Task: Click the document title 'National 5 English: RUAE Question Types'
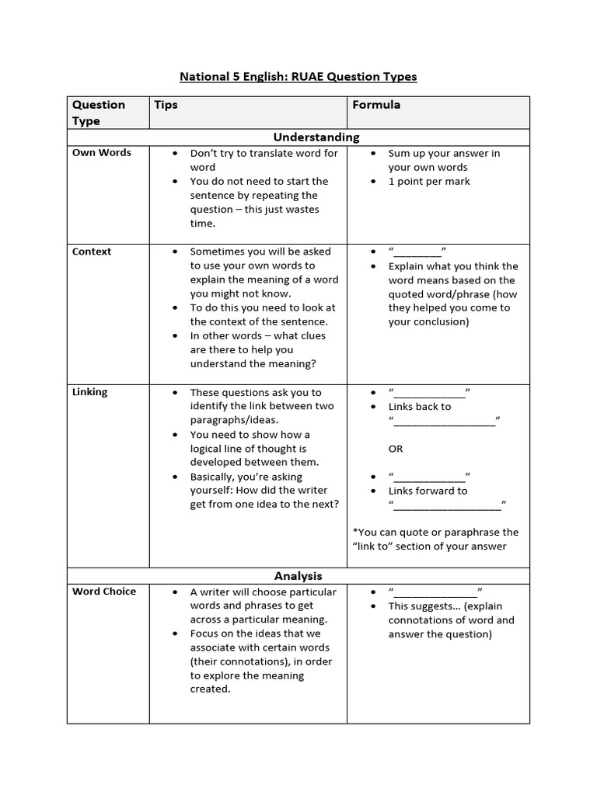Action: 298,77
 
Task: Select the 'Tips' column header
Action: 166,105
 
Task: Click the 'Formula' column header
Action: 376,105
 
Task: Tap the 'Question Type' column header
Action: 98,113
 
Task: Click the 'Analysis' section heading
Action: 298,576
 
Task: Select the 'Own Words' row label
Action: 102,153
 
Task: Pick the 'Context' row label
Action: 92,252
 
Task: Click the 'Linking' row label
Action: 90,392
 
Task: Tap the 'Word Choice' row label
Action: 104,592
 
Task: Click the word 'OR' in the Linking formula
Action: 396,449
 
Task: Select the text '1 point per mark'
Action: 429,182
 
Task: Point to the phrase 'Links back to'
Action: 420,407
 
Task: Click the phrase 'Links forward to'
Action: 428,491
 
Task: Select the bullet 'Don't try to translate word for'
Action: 264,154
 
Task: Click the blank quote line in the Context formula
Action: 417,252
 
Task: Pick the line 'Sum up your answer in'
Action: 444,154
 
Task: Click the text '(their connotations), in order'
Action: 260,661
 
